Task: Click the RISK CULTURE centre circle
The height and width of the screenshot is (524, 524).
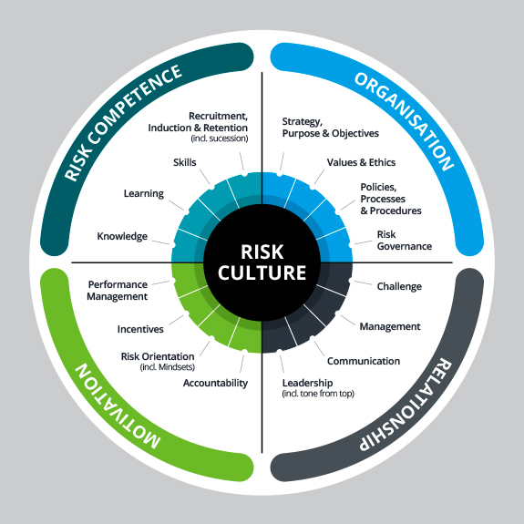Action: [262, 262]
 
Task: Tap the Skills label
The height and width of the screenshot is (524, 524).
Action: [184, 162]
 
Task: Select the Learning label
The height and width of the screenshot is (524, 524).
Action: [144, 194]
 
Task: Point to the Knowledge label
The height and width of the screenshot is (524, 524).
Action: [122, 236]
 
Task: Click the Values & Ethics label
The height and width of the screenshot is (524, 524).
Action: [361, 162]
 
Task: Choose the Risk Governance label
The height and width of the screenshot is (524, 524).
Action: [405, 241]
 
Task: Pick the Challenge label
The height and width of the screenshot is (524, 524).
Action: [399, 286]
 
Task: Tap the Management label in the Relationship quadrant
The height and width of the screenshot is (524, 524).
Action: [390, 326]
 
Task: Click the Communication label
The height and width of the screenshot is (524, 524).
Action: [364, 361]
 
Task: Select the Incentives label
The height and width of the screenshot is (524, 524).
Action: [140, 329]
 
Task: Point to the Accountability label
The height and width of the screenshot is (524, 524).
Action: [216, 383]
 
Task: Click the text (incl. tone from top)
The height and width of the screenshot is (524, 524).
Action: [318, 394]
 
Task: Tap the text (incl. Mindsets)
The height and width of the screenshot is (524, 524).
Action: [168, 367]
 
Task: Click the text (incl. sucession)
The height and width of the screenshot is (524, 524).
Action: [220, 139]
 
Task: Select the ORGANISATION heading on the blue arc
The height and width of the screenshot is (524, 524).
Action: [405, 121]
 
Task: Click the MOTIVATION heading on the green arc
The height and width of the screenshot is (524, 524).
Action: [118, 406]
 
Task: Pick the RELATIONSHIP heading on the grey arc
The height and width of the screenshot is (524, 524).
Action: [406, 405]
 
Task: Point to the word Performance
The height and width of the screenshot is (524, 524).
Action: [118, 284]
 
